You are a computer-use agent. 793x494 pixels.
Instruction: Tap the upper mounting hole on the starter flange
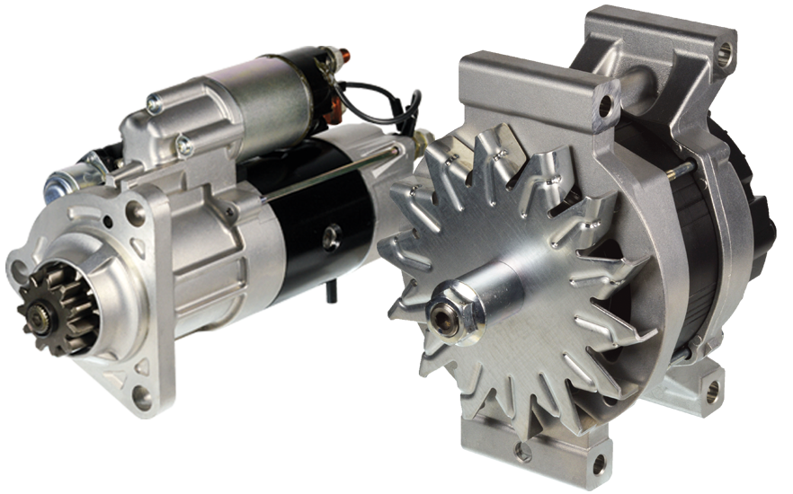tap(135, 213)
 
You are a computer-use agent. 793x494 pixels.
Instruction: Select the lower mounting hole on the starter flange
tap(141, 396)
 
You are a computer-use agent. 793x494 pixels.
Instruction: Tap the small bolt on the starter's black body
tap(334, 235)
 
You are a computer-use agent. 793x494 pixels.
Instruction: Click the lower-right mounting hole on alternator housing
tap(712, 390)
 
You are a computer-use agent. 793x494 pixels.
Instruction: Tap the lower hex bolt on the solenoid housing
tap(184, 144)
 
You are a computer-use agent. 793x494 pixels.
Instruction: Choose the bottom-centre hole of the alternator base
tap(598, 466)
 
